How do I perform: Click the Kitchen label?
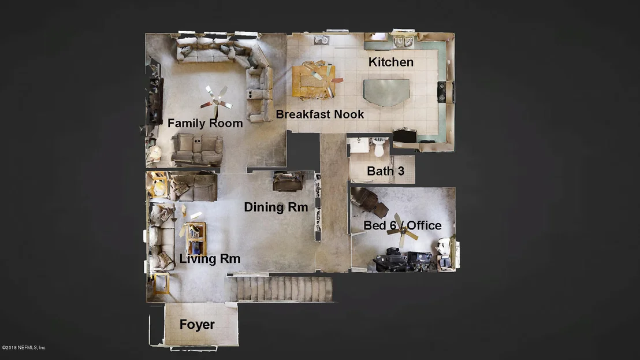point(390,62)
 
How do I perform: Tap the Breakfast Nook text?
point(319,114)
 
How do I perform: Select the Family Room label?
point(205,123)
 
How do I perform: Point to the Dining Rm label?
point(276,207)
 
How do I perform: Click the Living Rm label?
point(210,259)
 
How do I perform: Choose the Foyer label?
point(197,325)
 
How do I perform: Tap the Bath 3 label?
point(385,171)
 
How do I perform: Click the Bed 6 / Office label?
point(403,225)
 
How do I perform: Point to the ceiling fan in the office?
point(402,231)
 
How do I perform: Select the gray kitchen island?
point(386,92)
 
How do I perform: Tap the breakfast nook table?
point(314,80)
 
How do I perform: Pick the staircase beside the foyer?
point(281,289)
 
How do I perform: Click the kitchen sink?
point(403,41)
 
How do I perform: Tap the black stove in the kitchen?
point(441,92)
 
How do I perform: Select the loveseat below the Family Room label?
point(197,149)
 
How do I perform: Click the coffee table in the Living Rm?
point(195,239)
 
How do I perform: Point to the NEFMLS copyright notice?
point(24,348)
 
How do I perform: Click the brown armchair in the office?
point(371,203)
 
